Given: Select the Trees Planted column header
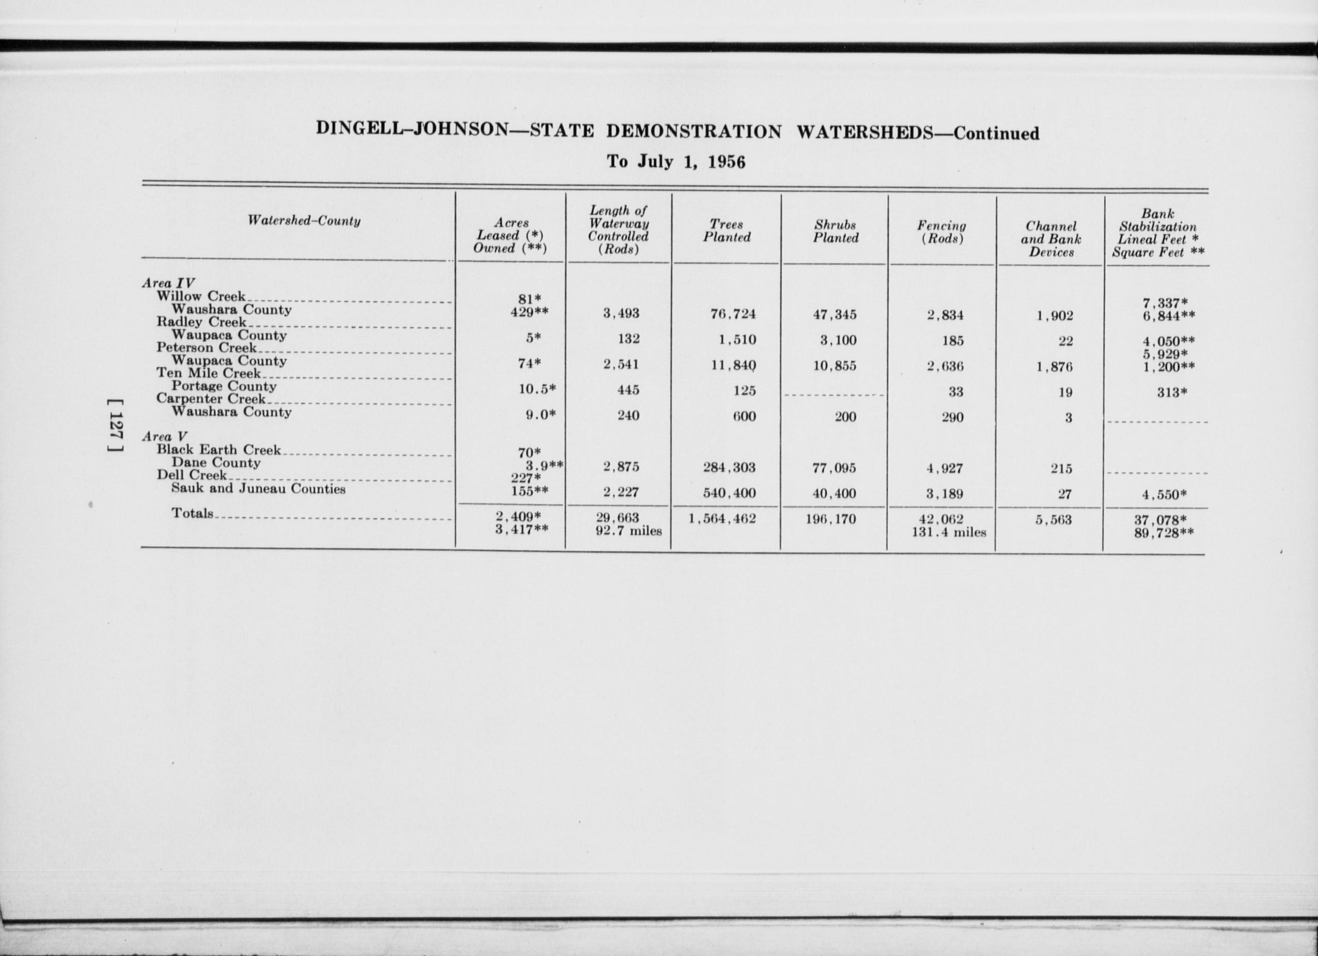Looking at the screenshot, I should (726, 231).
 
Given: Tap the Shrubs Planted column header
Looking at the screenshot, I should (835, 231).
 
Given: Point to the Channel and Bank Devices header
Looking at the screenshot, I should (1051, 239).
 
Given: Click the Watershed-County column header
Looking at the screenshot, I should (303, 221).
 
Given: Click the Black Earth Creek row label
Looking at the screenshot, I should (218, 450).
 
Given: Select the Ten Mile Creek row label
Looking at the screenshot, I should (209, 373).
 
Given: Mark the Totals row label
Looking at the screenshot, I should (193, 513).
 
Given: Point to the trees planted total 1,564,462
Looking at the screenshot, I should (722, 518).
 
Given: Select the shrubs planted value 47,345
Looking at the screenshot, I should (835, 315).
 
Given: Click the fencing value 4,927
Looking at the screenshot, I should (945, 468).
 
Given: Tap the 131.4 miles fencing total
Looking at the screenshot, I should (948, 532).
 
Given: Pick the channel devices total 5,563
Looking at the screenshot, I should (1053, 519).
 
